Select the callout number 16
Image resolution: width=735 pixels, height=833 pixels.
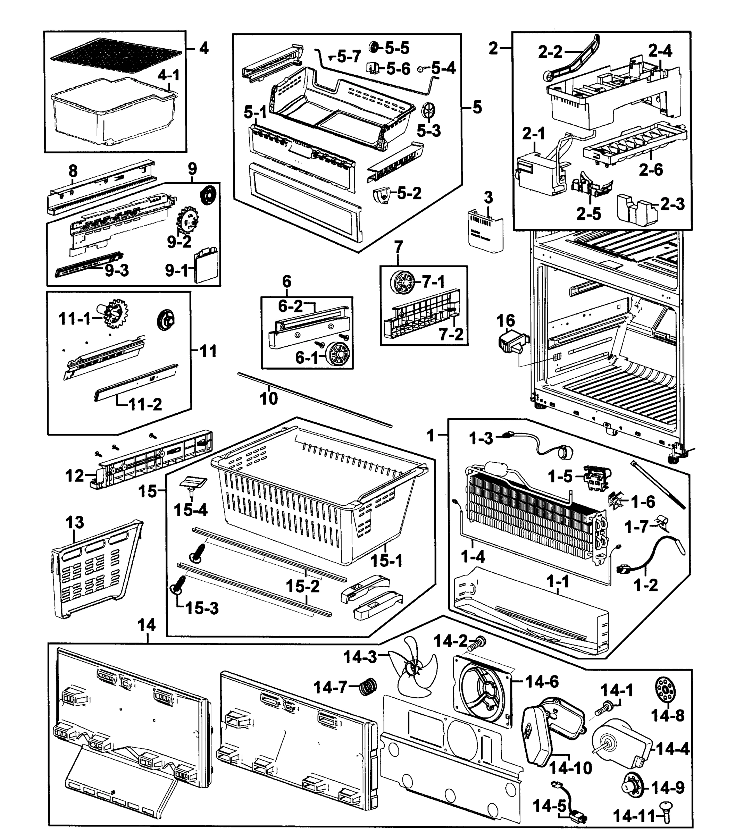click(x=506, y=321)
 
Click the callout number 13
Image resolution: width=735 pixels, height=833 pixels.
click(x=75, y=522)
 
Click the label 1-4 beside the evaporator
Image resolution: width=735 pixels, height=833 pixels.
click(x=473, y=556)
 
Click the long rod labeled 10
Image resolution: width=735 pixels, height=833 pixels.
click(x=314, y=399)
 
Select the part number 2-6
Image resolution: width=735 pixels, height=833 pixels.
click(x=651, y=169)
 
